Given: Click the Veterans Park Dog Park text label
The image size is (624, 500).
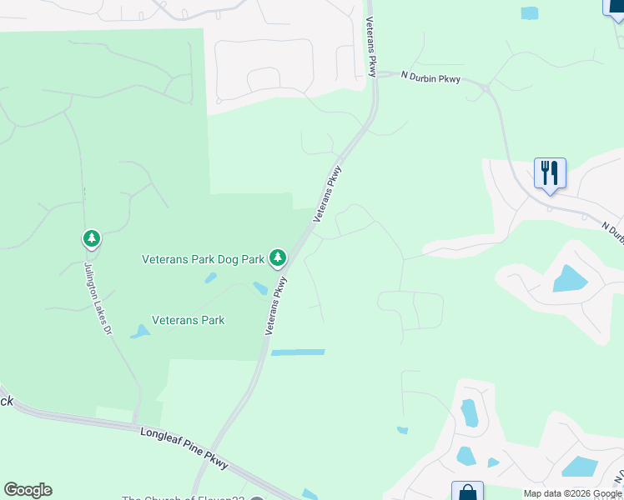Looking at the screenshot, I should click(203, 259).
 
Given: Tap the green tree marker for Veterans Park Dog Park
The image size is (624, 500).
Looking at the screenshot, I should click(278, 258).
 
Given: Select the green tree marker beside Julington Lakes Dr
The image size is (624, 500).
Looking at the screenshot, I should click(91, 239).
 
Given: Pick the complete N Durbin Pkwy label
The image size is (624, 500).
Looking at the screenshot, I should click(430, 78).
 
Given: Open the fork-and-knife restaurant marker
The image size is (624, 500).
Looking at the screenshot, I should click(550, 173).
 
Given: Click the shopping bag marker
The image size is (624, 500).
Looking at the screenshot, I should click(467, 492).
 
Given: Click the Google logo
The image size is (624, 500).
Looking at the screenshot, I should click(28, 490).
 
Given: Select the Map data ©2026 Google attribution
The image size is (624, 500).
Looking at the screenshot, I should click(572, 493).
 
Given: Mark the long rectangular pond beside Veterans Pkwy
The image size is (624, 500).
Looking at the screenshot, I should click(298, 352).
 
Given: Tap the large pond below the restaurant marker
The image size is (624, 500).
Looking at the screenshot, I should click(570, 278).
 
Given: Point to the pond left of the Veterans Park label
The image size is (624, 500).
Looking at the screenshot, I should click(139, 332).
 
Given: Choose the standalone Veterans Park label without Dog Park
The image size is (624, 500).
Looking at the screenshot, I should click(188, 320).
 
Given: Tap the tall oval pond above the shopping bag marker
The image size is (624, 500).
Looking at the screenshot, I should click(470, 412).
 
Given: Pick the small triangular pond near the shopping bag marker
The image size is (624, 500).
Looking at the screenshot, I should click(493, 462).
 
